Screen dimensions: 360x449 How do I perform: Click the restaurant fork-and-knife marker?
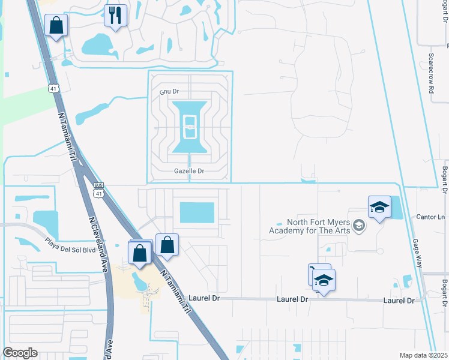[x=115, y=16]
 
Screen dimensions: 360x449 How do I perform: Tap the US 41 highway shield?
[x=55, y=88]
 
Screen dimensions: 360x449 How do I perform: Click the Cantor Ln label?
[x=432, y=217]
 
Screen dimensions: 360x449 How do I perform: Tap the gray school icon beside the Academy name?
[x=360, y=226]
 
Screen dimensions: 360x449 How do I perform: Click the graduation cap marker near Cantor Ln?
[x=379, y=208]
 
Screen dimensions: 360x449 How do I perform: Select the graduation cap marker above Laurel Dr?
[x=324, y=280]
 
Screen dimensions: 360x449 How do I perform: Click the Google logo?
[x=20, y=353]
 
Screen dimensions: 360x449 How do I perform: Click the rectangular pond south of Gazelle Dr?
[x=196, y=212]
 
